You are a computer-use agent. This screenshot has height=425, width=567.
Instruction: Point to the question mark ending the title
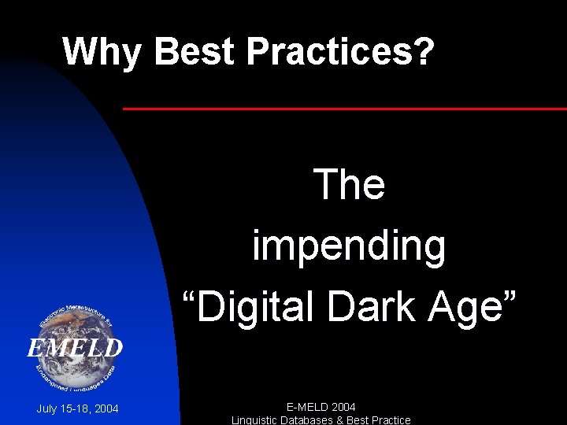tap(424, 52)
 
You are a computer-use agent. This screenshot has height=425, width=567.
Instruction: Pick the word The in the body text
tap(349, 185)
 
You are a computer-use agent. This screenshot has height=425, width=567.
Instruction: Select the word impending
tap(349, 246)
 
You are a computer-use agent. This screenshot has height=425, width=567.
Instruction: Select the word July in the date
tap(48, 408)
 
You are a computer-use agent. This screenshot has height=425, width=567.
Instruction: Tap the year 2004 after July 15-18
tap(106, 408)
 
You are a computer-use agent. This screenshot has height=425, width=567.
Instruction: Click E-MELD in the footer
tap(306, 407)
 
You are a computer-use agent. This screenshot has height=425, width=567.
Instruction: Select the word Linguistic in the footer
tap(257, 419)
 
